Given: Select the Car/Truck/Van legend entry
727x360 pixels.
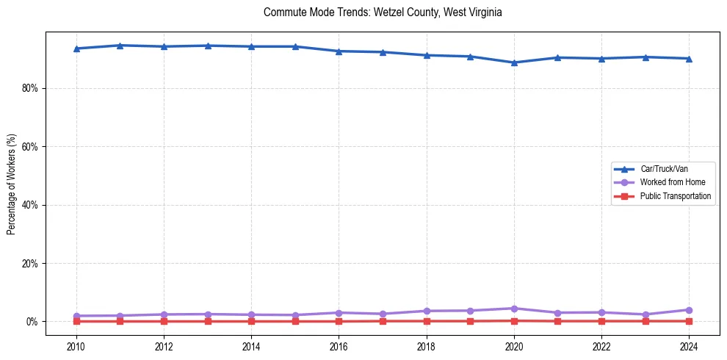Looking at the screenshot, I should coord(664,168).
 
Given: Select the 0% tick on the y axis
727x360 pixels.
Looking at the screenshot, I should coord(32,322).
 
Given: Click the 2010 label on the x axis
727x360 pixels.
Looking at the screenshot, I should coord(76,346).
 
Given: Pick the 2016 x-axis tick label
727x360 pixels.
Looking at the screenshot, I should coord(339,346).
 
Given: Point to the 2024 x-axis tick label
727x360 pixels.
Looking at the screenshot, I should coord(689,346).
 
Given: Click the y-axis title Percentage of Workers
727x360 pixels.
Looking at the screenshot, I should coord(12,184).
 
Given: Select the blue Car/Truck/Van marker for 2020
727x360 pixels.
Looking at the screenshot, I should coord(514,62).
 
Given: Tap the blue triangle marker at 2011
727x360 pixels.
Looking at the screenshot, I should coord(120,46).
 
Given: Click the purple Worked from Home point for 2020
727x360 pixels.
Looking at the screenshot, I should coord(514,309).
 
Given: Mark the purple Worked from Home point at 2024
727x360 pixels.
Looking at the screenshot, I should coord(689,310).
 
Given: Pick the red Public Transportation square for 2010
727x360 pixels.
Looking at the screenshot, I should coord(76,321).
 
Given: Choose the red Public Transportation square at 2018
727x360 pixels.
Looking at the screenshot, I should coord(427,321).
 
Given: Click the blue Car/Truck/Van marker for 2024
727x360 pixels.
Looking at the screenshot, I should coord(689,59).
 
